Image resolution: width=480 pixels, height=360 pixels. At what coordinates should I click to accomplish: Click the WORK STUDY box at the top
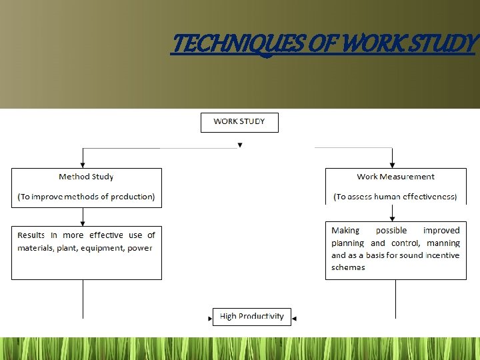[239, 122]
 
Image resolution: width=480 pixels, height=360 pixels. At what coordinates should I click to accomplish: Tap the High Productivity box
[251, 316]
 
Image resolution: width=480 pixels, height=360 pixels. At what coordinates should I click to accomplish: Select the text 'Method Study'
[86, 177]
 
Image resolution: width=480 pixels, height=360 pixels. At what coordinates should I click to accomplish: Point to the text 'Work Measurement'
[395, 177]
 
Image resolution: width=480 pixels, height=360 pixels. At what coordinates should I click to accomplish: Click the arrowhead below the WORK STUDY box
[240, 145]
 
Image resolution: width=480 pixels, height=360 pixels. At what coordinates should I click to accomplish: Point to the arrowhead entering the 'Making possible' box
[393, 218]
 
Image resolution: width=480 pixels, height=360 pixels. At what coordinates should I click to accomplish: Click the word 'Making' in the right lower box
[345, 230]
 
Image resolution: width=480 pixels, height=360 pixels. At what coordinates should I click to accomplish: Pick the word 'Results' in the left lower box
[31, 235]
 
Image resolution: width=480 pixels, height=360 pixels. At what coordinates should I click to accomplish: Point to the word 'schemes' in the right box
[348, 267]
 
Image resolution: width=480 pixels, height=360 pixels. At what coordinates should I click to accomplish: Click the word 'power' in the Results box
[140, 248]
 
